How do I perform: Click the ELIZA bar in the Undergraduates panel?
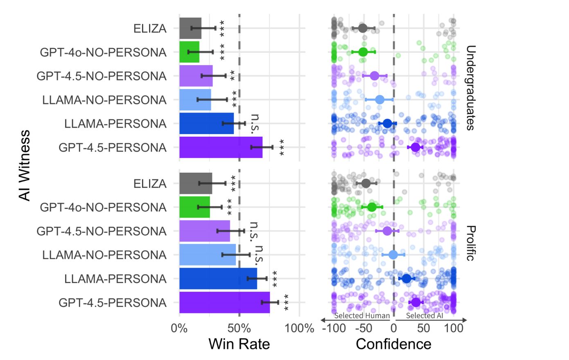pos(190,28)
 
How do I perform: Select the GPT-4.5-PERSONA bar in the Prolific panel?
pos(224,302)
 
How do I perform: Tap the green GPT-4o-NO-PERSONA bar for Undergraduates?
pos(189,52)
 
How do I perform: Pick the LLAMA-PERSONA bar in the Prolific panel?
pos(218,279)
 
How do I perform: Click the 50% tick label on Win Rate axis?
pos(239,328)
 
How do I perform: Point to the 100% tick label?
pos(299,328)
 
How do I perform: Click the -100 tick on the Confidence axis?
pos(334,328)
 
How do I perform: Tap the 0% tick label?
pos(179,328)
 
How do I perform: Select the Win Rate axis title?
pos(239,344)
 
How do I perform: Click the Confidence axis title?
pos(393,344)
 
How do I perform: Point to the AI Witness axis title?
pos(25,165)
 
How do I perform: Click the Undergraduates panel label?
pos(470,88)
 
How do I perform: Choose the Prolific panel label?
pos(470,243)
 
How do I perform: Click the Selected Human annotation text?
pos(362,315)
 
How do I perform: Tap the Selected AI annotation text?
pos(424,315)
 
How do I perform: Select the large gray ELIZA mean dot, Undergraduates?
pos(363,28)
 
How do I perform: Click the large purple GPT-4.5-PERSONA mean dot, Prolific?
pos(416,302)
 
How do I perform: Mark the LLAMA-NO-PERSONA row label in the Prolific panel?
pos(104,255)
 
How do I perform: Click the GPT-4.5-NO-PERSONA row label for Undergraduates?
pos(102,76)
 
